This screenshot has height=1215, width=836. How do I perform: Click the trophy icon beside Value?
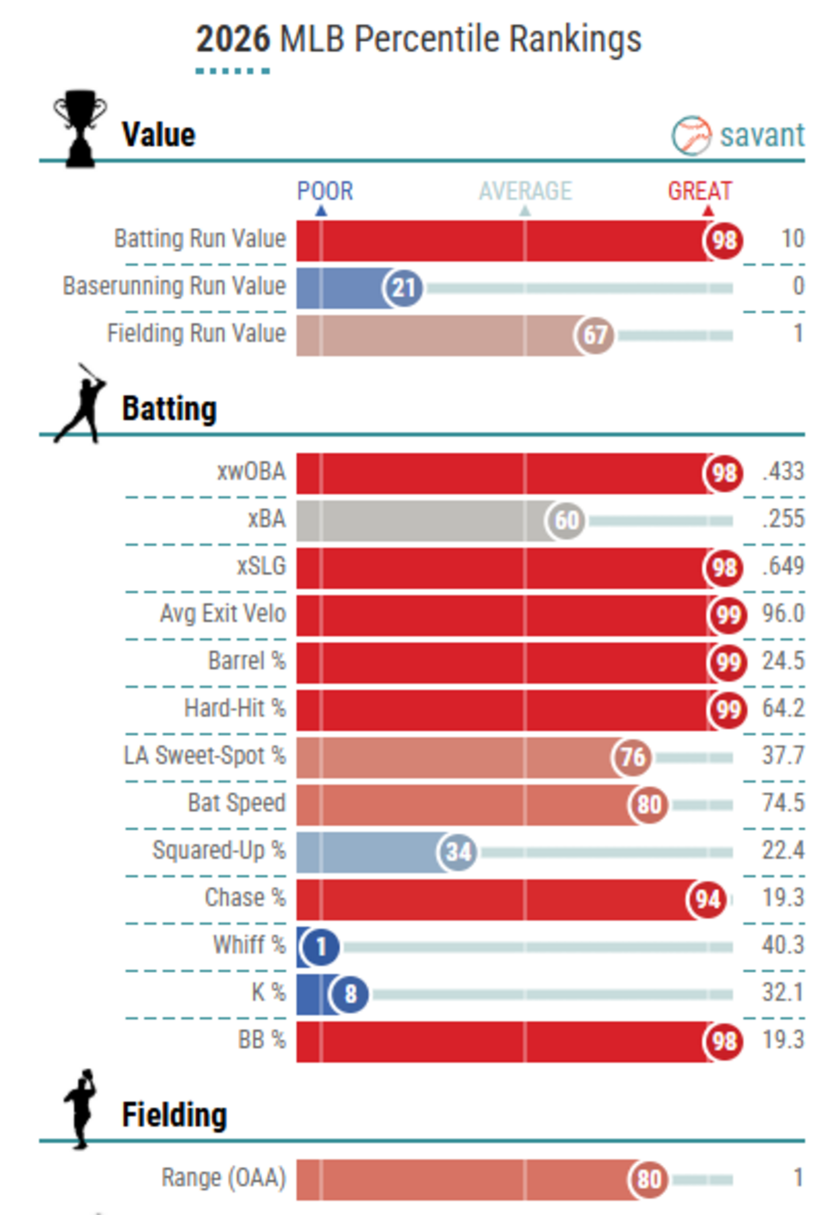point(80,128)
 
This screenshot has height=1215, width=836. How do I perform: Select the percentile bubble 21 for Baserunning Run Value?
point(403,288)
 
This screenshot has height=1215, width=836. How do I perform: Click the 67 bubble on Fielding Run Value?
point(594,335)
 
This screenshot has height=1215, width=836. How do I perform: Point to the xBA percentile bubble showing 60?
point(565,521)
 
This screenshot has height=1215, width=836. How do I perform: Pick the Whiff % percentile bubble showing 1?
point(320,947)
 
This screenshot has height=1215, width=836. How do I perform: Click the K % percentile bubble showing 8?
point(349,994)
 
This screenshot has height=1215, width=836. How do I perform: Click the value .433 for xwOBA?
point(783,471)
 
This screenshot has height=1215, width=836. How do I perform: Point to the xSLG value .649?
point(783,566)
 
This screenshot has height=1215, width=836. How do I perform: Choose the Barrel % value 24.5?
point(783,661)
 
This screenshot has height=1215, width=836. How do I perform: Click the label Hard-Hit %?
point(235,709)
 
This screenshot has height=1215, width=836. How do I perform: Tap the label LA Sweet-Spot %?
point(205,756)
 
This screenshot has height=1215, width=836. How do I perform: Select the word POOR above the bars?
point(325,191)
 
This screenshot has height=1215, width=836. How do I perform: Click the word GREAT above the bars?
point(699,191)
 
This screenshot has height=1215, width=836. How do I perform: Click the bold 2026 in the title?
point(233,39)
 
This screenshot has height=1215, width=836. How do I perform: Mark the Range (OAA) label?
point(224,1179)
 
